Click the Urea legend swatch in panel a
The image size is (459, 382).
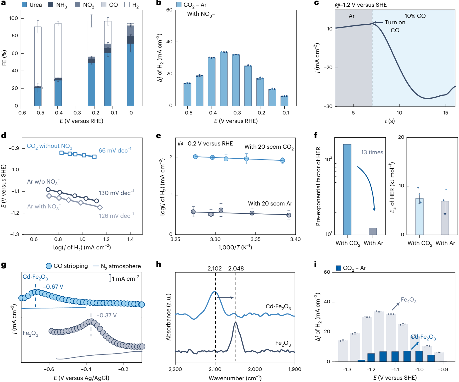[x=25, y=5]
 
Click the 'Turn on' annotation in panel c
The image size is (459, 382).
[x=395, y=23]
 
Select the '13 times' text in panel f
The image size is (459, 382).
[x=372, y=152]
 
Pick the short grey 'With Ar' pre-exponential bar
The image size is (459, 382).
[x=373, y=231]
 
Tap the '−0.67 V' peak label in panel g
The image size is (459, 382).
[x=53, y=287]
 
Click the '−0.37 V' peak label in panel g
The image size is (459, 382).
[x=106, y=315]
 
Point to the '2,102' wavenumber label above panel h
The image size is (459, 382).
[x=215, y=268]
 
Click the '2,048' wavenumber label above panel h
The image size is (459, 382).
[x=236, y=268]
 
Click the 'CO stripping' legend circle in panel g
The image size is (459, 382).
[x=49, y=266]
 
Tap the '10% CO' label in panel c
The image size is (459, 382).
[x=415, y=16]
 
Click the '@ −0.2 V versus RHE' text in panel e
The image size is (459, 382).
[x=205, y=144]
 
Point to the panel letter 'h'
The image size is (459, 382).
[x=159, y=264]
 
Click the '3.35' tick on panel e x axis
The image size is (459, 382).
[x=255, y=239]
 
